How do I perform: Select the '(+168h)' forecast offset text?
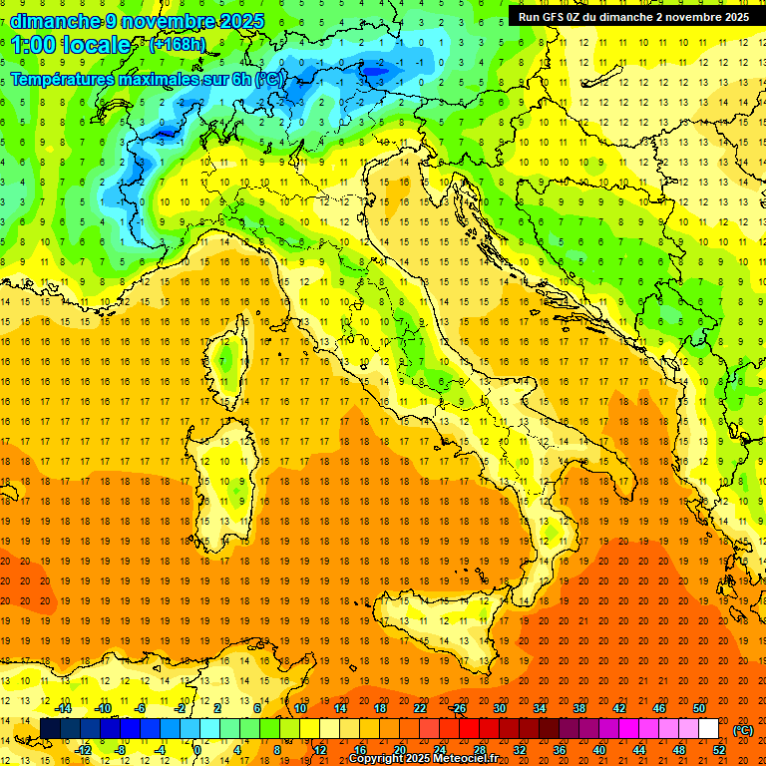click(x=177, y=45)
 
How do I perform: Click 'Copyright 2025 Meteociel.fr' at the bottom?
click(x=430, y=759)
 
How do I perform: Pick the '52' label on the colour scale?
click(x=719, y=750)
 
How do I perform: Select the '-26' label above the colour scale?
click(x=458, y=708)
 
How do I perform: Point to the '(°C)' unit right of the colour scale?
click(x=743, y=729)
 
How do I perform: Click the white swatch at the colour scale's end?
click(x=708, y=729)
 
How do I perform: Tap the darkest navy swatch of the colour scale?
click(x=50, y=729)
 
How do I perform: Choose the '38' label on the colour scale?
click(x=578, y=708)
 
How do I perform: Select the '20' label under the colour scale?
click(x=399, y=750)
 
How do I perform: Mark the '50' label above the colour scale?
click(x=699, y=708)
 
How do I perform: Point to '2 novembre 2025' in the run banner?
click(x=694, y=16)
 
